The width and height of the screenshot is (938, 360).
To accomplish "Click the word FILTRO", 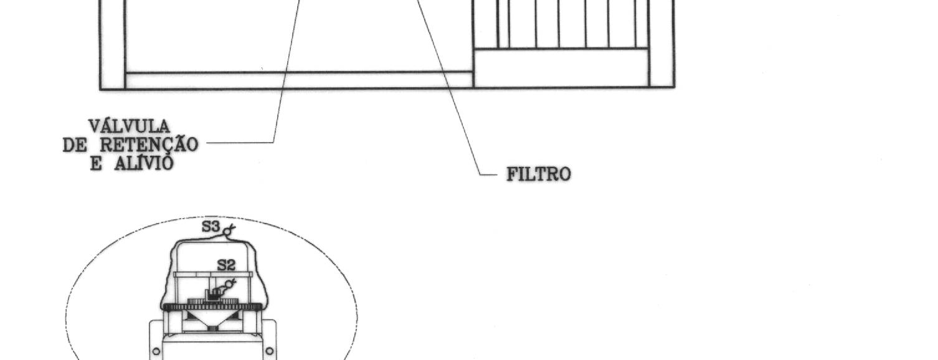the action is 539,174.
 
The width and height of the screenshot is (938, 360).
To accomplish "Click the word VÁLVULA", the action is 129,126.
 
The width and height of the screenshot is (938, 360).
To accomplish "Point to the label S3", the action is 211,227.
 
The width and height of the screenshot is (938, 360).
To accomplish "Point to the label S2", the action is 226,265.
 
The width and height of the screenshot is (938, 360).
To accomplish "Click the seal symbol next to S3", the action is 229,230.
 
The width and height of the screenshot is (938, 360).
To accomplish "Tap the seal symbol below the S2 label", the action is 229,285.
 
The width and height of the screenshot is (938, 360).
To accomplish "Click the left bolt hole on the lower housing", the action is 156,351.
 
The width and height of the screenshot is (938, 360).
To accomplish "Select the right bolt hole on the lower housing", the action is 270,350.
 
